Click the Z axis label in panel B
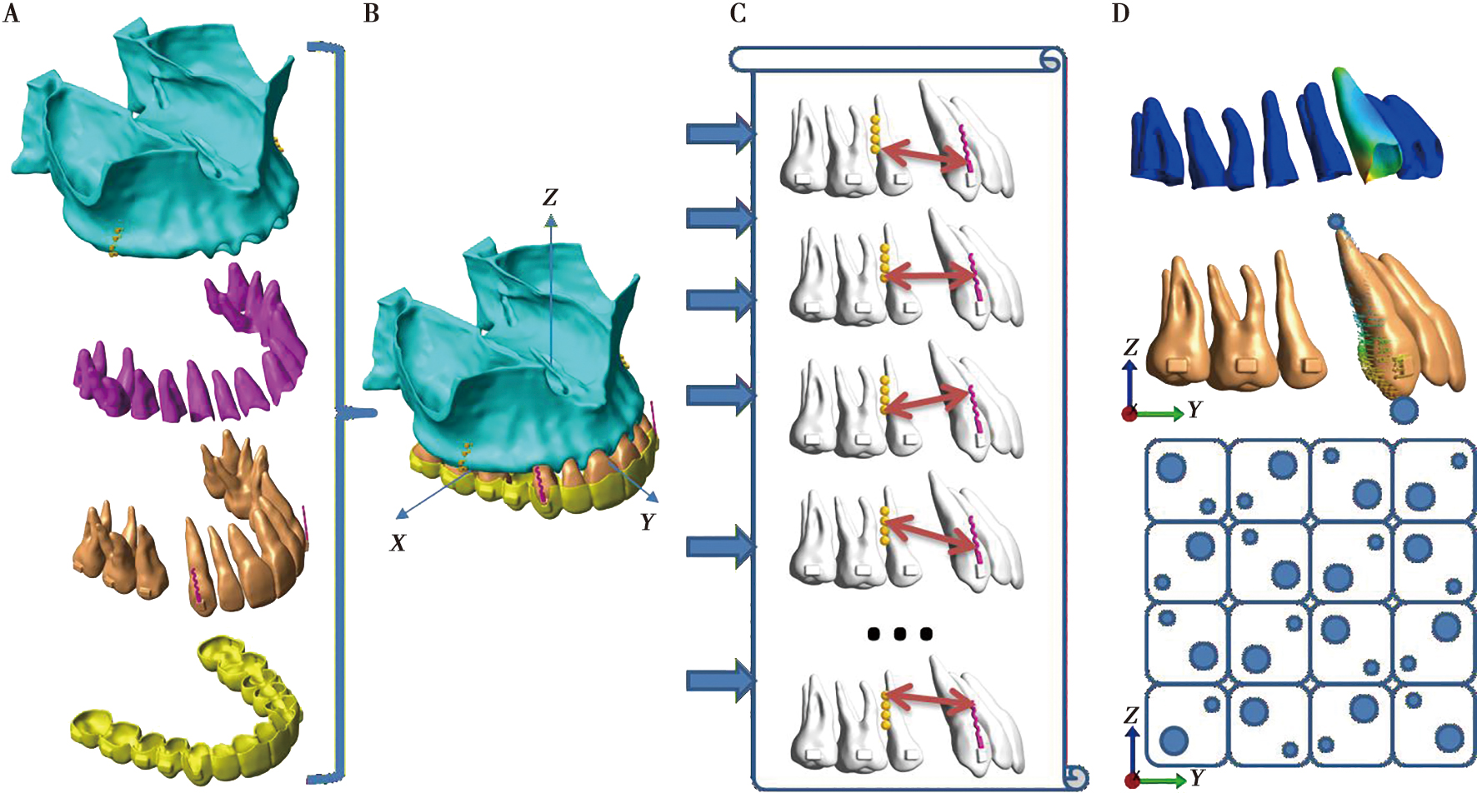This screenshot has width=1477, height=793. [550, 197]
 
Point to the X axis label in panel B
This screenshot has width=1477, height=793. [398, 543]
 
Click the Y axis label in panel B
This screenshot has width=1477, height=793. [648, 522]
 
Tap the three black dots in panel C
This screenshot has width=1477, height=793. [899, 634]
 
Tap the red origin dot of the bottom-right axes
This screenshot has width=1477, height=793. [1132, 781]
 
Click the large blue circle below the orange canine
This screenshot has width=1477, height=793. [1404, 410]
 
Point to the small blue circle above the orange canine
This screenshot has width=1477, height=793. [1335, 222]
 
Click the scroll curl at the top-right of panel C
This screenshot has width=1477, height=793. [1049, 60]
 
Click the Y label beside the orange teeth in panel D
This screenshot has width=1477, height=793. [1195, 410]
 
